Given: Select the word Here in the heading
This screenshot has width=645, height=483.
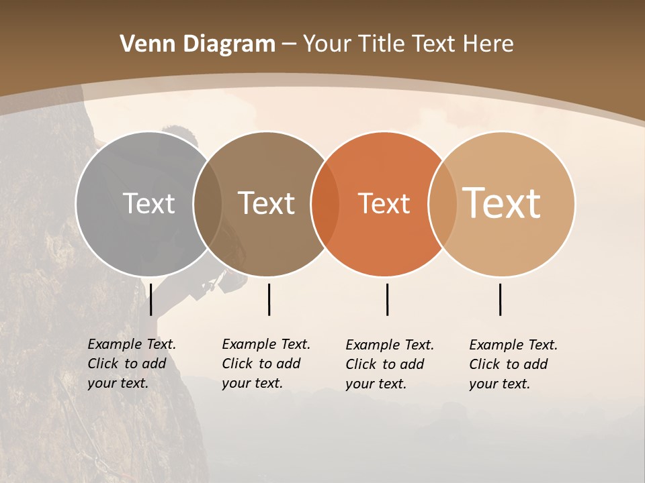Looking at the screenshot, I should coord(488,44).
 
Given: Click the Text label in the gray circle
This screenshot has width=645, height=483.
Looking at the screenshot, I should coord(148,203).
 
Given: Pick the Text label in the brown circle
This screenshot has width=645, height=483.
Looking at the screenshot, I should coord(267,203).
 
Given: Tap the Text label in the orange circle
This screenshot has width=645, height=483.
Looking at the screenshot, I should coord(384,203).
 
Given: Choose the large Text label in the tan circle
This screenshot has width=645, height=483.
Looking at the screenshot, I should coord(502,203).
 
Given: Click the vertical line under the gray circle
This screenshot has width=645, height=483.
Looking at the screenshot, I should coord(150,299).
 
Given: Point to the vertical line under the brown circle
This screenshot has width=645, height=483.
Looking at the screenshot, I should coord(269,299).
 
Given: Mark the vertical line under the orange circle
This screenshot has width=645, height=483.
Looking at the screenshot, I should coord(387,299).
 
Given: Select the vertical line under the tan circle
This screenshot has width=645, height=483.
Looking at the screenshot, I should coord(500,299).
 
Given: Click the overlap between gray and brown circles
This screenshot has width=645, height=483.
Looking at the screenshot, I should coord(208,203).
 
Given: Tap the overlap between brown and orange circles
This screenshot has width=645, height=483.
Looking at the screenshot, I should coord(325,203).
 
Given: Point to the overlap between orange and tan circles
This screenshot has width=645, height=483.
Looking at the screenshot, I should coord(443,203).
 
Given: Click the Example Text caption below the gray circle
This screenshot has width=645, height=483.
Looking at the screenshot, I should coord(132,364).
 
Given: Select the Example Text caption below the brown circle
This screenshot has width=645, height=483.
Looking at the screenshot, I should coord(266,364).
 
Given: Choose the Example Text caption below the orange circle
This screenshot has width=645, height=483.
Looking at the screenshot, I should coord(390,364).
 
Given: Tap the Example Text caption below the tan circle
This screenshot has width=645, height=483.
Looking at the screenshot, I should coord(513,364).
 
